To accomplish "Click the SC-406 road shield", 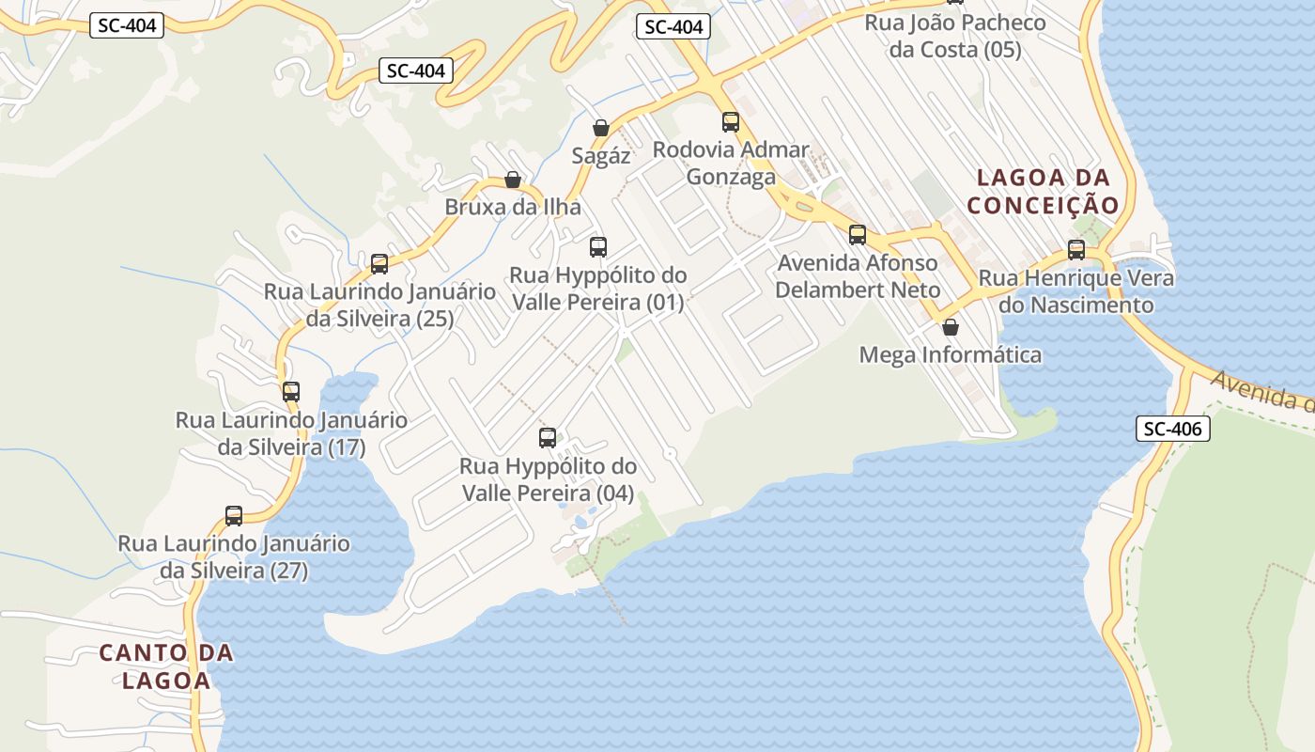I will click(1173, 429).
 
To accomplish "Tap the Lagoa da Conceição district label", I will click(1044, 191).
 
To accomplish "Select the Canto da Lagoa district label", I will click(166, 666).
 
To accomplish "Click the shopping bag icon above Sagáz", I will click(600, 127).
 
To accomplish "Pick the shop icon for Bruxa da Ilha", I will click(512, 179).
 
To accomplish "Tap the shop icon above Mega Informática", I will click(951, 327).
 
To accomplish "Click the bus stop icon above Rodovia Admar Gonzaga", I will click(730, 121).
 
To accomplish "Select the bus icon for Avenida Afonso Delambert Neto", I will click(858, 234).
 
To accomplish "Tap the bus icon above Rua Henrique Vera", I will click(1076, 250).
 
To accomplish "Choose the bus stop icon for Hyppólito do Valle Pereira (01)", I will click(598, 247).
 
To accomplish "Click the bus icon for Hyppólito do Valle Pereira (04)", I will click(548, 437).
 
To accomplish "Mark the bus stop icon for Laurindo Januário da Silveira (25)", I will click(379, 263).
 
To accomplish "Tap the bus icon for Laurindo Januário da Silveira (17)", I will click(291, 391).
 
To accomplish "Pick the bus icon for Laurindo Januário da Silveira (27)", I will click(234, 515).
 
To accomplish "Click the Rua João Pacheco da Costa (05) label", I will click(954, 36).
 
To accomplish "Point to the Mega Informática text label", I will click(951, 355).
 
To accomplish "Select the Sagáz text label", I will click(601, 156).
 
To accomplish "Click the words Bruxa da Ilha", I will click(513, 207).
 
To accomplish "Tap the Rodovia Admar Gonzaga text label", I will click(731, 163).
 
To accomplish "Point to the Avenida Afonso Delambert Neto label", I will click(858, 276).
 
